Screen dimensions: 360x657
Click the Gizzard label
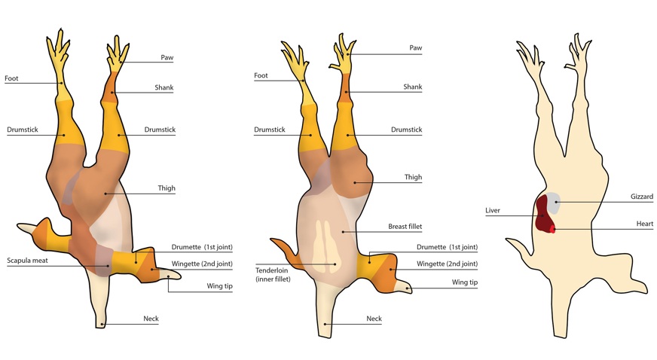pos(640,197)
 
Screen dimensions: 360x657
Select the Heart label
pos(643,224)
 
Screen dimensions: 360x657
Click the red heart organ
pos(552,227)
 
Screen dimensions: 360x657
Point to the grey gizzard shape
pos(554,200)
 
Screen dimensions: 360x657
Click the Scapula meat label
pos(28,260)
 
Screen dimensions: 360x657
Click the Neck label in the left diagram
pos(151,319)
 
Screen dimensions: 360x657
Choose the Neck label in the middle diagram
pos(374,319)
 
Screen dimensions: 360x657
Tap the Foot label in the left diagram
pos(11,78)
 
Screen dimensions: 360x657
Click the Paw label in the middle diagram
pos(415,48)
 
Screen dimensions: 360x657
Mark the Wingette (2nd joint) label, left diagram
pos(203,264)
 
